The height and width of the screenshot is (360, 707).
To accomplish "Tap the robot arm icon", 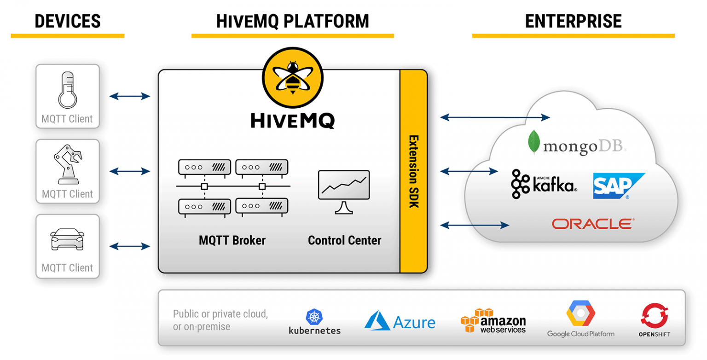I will (x=68, y=164).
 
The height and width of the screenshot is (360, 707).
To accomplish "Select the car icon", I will (x=67, y=239).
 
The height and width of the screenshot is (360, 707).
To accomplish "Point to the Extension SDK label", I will (x=413, y=171).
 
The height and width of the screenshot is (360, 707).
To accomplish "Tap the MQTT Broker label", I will (x=232, y=240).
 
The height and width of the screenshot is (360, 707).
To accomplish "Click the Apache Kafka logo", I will (x=544, y=184).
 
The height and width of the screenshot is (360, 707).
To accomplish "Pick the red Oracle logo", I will (x=593, y=224).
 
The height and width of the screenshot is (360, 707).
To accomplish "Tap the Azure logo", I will (x=400, y=320).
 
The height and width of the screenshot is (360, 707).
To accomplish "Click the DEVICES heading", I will (x=67, y=21).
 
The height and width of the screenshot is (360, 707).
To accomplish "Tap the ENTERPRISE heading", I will (x=573, y=21).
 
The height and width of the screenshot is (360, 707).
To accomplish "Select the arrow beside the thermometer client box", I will (x=130, y=96).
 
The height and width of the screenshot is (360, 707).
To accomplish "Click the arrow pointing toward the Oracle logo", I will (x=475, y=225).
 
